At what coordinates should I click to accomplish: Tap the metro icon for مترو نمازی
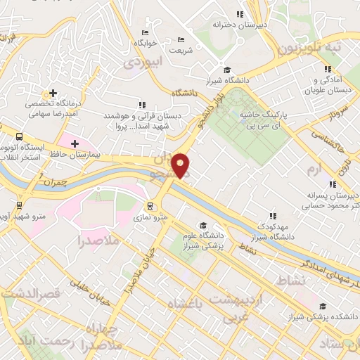150,207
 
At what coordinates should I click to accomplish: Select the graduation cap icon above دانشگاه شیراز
226,70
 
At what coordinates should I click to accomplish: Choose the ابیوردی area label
143,62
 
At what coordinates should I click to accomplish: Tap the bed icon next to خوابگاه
145,32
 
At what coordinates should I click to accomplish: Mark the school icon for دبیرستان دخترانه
240,13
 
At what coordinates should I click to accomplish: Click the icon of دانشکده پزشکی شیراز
323,306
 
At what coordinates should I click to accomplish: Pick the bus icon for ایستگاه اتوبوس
18,136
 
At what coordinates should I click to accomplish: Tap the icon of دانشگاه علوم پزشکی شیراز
203,226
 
